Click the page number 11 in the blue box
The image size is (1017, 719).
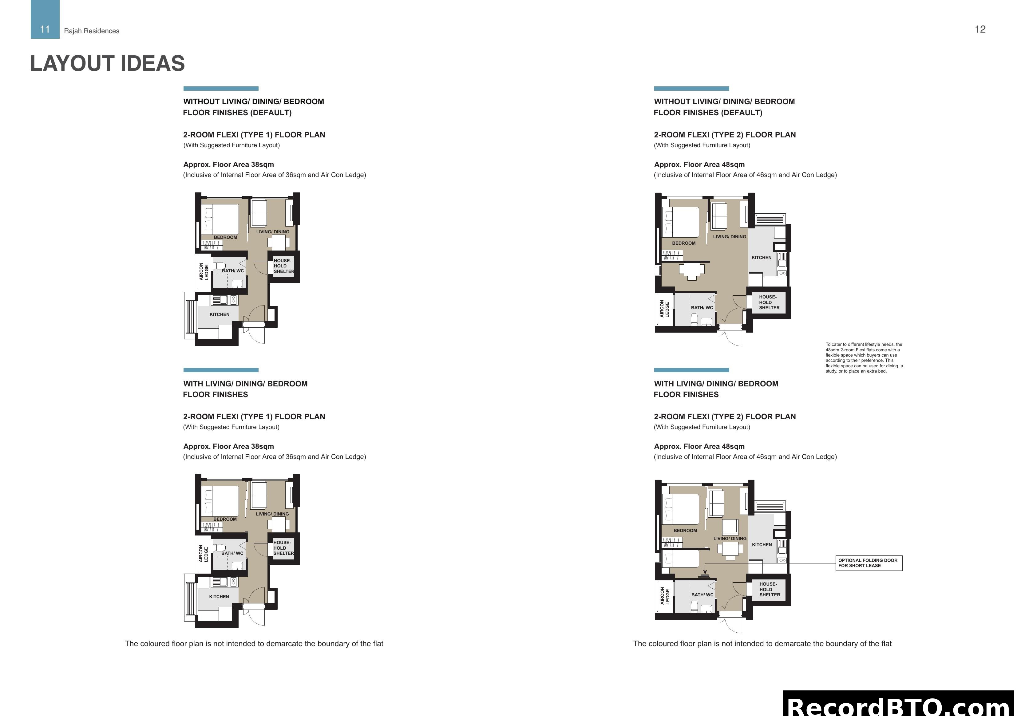pyautogui.click(x=45, y=29)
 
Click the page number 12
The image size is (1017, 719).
pyautogui.click(x=980, y=29)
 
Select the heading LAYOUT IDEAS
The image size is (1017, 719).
pyautogui.click(x=107, y=63)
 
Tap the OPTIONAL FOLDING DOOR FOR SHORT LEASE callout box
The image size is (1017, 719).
pyautogui.click(x=868, y=563)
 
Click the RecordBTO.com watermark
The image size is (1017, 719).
pyautogui.click(x=899, y=707)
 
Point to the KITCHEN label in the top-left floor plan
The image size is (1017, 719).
pyautogui.click(x=219, y=314)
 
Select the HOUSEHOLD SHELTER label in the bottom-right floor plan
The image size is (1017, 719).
pyautogui.click(x=770, y=590)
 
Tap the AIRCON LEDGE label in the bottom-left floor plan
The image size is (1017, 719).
pyautogui.click(x=203, y=554)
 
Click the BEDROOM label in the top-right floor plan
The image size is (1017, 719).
pyautogui.click(x=683, y=243)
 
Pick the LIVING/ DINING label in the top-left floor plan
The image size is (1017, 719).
pyautogui.click(x=272, y=232)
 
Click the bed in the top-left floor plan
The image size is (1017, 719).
pyautogui.click(x=220, y=219)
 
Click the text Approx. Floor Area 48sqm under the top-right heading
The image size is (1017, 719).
pyautogui.click(x=699, y=165)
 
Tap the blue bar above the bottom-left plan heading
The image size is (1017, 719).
pyautogui.click(x=221, y=370)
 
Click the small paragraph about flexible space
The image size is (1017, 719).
pyautogui.click(x=864, y=358)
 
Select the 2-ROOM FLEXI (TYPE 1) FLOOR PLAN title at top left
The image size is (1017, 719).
pyautogui.click(x=254, y=135)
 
